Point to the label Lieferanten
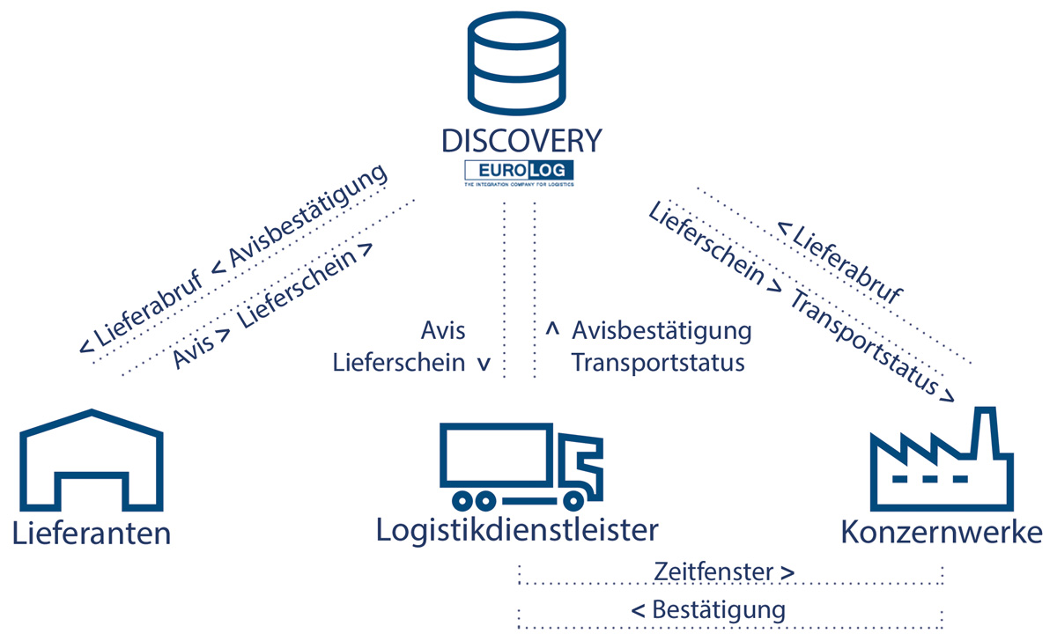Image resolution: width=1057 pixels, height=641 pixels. [x=91, y=533]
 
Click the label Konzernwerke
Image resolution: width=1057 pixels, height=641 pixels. [x=942, y=533]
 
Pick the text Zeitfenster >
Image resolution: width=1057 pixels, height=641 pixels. [x=725, y=571]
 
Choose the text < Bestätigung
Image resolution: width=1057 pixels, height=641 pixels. [x=708, y=608]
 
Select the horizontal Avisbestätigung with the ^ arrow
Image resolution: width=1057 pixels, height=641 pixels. [x=661, y=331]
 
